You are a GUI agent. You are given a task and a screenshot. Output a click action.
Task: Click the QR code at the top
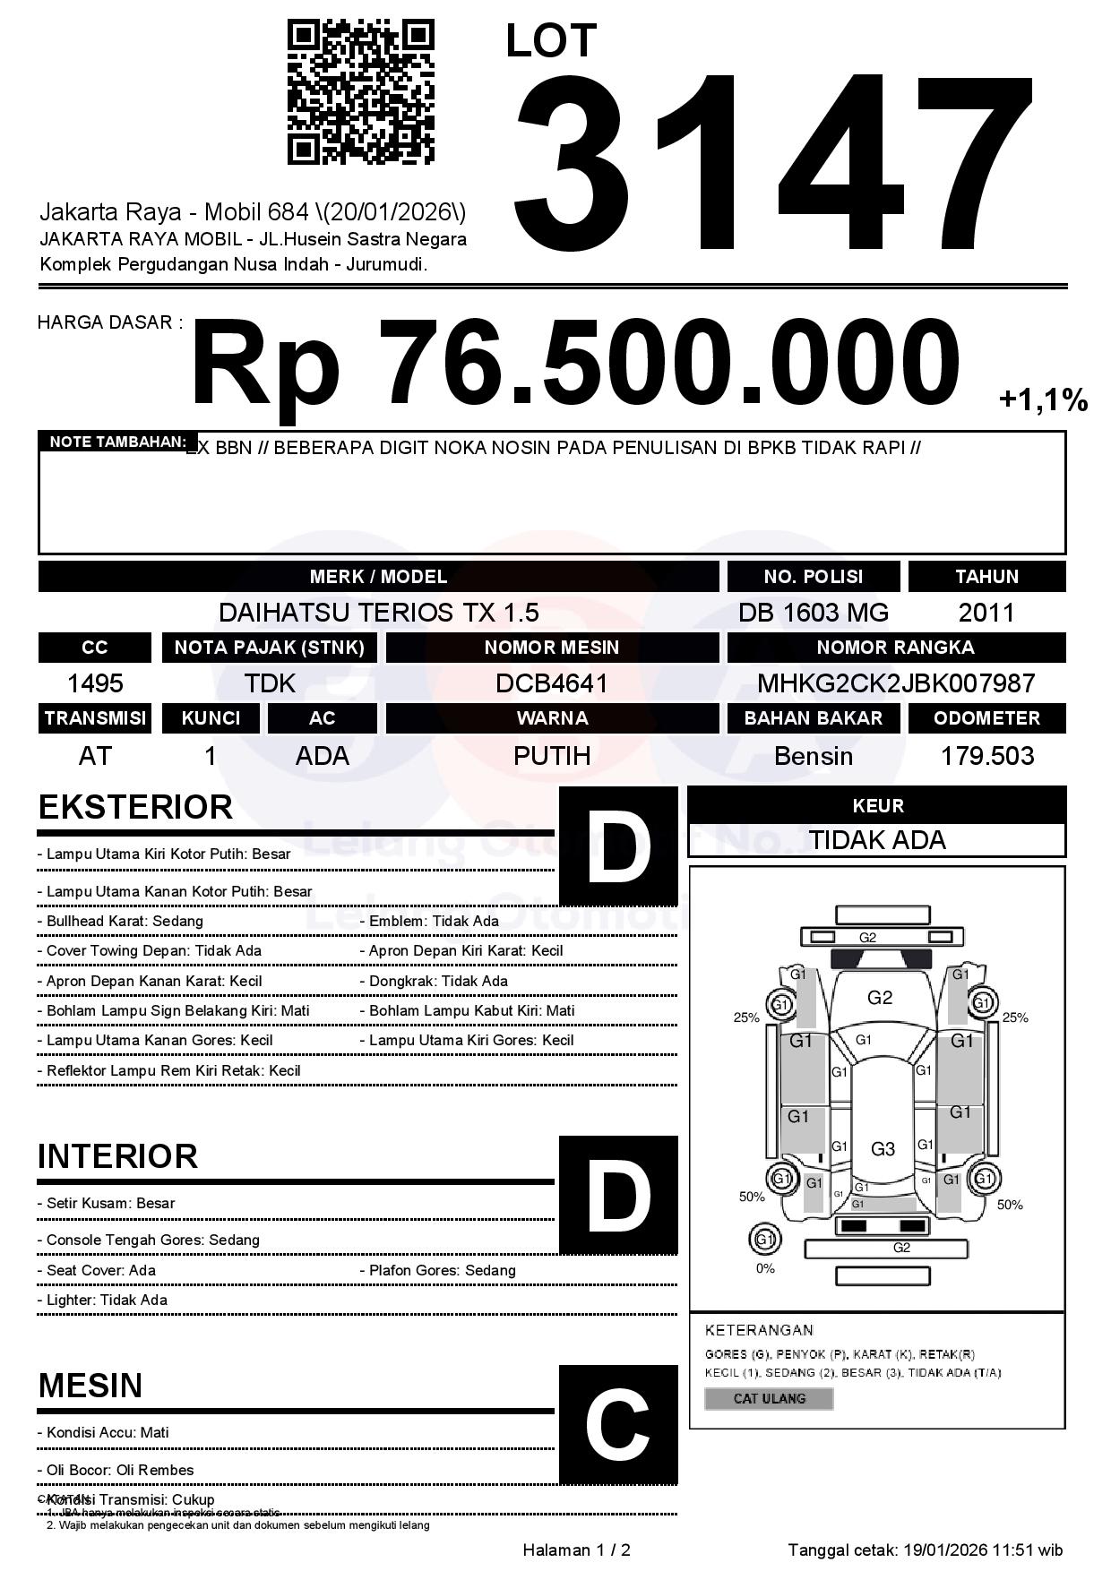360,92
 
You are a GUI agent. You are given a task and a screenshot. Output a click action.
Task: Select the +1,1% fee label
1043,399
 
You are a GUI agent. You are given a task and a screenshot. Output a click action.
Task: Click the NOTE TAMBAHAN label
116,442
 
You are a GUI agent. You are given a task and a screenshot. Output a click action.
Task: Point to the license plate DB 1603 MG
813,613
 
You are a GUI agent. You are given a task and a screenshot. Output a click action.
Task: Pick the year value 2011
986,613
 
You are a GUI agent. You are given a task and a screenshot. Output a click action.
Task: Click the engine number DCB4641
552,683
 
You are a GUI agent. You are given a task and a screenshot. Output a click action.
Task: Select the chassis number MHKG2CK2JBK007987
896,683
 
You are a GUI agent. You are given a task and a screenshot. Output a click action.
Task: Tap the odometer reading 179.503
986,756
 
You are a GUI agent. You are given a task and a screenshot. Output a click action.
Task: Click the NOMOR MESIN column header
552,648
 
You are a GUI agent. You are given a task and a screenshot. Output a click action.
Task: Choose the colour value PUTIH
552,756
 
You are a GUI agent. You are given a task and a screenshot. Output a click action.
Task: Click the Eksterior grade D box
618,846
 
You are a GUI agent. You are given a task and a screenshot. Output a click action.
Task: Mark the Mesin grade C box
618,1424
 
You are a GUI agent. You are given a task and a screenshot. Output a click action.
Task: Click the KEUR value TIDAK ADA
877,840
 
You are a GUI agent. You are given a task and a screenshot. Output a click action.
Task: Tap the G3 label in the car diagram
883,1148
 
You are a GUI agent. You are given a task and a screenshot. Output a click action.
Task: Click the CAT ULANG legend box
769,1398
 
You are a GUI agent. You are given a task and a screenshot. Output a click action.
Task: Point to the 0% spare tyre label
765,1268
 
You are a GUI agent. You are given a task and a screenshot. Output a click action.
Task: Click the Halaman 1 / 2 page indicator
576,1550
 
